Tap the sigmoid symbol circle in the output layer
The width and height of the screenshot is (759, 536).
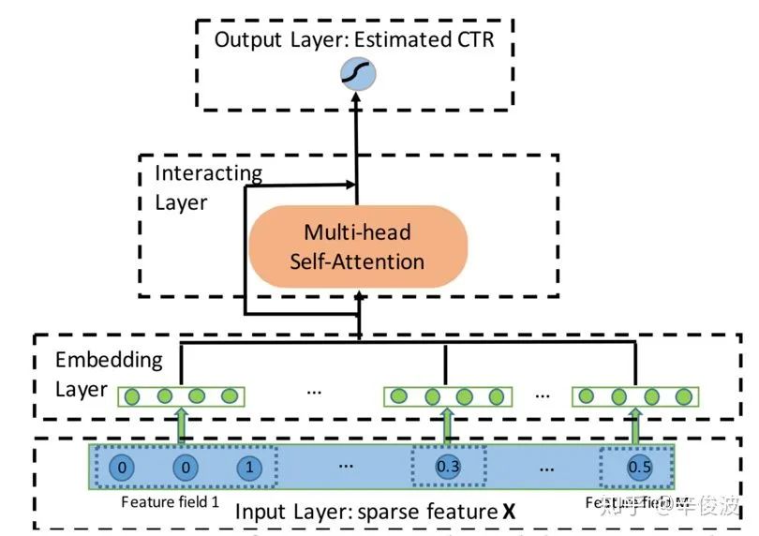pos(356,72)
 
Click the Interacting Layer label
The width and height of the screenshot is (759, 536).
pos(208,187)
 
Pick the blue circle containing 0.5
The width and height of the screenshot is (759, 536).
pos(640,466)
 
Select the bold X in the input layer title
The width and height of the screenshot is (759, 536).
pos(509,512)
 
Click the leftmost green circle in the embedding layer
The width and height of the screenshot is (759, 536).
pos(132,396)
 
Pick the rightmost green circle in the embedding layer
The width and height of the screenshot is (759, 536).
pos(684,396)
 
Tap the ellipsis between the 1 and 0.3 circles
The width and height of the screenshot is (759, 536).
pos(345,466)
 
